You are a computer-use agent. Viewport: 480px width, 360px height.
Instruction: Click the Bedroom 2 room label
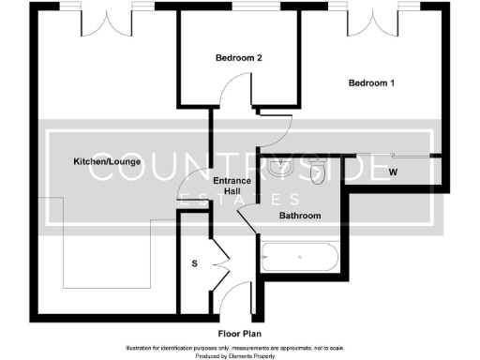pos(238,58)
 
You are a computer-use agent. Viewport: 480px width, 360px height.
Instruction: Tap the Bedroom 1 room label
pos(371,83)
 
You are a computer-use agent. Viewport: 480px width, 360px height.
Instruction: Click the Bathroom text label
pos(301,217)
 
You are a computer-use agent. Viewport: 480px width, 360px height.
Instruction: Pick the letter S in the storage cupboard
pos(195,263)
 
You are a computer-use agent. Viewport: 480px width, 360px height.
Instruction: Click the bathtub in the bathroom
pos(300,257)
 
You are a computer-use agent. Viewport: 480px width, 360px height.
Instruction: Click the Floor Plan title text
pos(240,333)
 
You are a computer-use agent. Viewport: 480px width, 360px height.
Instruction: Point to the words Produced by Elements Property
pos(240,355)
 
